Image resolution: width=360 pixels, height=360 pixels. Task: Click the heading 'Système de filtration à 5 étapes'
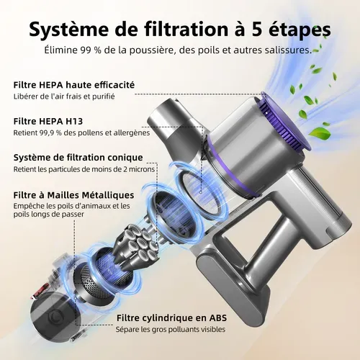(x=180, y=30)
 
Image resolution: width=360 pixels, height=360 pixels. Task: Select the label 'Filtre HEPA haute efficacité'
(x=73, y=85)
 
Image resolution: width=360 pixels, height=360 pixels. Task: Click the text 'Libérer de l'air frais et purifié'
(x=63, y=96)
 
